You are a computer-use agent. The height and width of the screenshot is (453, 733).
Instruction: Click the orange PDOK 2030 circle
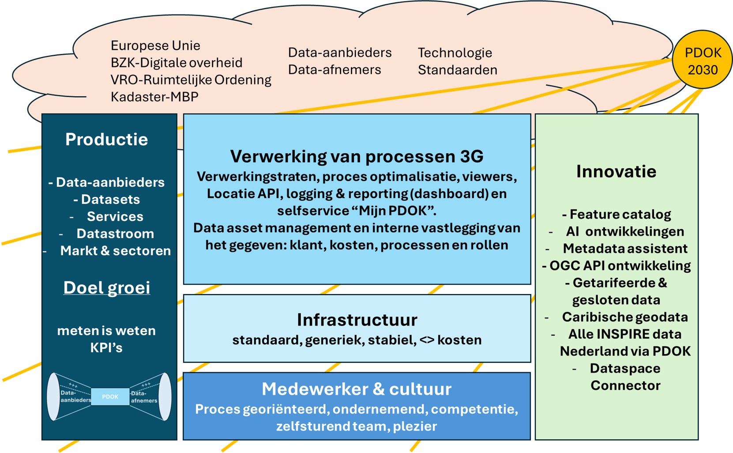coord(702,60)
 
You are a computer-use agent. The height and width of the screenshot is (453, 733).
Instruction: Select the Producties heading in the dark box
coord(107,140)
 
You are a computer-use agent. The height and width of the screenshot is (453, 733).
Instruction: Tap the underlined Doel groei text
coord(107,288)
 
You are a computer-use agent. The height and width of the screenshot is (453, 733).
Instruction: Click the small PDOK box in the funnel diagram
coord(110,396)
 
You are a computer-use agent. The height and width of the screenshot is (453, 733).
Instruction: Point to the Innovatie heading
coord(616,171)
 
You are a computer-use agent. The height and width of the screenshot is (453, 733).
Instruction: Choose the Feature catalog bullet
coord(616,214)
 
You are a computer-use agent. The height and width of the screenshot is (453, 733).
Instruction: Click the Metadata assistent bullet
coord(625,249)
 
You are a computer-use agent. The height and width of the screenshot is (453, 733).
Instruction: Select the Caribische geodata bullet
coord(624,317)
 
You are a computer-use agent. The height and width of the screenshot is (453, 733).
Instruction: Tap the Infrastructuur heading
coord(357,320)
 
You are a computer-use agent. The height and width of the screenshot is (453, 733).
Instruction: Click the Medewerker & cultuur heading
coord(357,389)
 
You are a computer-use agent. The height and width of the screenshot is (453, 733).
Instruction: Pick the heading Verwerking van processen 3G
coord(357,156)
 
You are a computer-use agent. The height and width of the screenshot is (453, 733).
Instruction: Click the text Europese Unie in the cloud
coord(155,45)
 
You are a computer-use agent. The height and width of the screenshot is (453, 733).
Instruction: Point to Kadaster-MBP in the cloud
coord(154,97)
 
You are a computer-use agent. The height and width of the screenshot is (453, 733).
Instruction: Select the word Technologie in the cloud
coord(455,53)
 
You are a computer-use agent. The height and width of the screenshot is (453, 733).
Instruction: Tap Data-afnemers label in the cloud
coord(334,70)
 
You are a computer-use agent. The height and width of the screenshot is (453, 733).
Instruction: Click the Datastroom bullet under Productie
coord(115,234)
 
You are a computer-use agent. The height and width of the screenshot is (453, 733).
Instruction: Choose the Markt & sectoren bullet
coord(115,251)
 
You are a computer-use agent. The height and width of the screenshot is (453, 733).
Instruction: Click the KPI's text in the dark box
coord(106,348)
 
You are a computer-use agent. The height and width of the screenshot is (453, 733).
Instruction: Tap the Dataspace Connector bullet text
coord(625,377)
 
